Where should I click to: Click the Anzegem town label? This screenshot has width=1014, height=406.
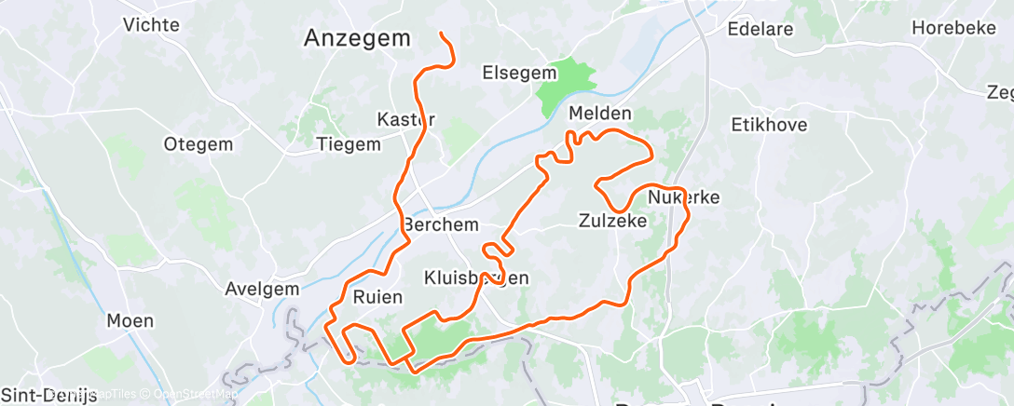358,38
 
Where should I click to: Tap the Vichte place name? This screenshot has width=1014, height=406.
151,25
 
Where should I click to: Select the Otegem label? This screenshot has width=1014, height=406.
196,144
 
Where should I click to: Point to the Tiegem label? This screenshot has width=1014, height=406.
349,144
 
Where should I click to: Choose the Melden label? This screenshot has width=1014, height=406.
600,114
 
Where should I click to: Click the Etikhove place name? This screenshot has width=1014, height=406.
769,124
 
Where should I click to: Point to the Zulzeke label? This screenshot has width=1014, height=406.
612,221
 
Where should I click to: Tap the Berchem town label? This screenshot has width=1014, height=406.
441,225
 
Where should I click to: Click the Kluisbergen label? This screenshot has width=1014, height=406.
476,277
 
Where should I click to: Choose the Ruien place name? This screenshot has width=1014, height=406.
377,298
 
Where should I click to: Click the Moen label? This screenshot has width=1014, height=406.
130,321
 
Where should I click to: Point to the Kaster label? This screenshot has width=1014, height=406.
405,119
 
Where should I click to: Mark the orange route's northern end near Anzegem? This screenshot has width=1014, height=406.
441,34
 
